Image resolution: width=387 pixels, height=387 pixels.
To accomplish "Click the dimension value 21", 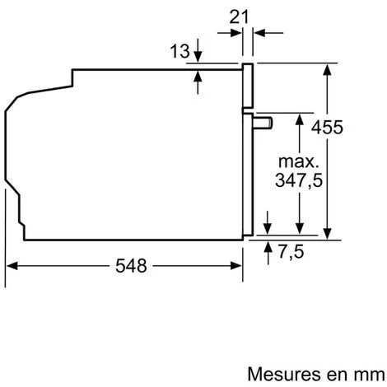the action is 239,17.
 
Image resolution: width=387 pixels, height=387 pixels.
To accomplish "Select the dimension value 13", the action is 180,51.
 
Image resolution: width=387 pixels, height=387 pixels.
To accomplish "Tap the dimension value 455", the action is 327,127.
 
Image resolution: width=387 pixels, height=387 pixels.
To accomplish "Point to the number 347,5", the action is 299,180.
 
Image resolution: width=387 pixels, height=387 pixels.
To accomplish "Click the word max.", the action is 299,161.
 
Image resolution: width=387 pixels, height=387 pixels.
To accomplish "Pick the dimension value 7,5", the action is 291,252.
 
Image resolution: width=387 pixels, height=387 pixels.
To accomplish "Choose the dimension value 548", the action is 131,266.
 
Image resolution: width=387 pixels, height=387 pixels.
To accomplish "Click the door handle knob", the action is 263,123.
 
